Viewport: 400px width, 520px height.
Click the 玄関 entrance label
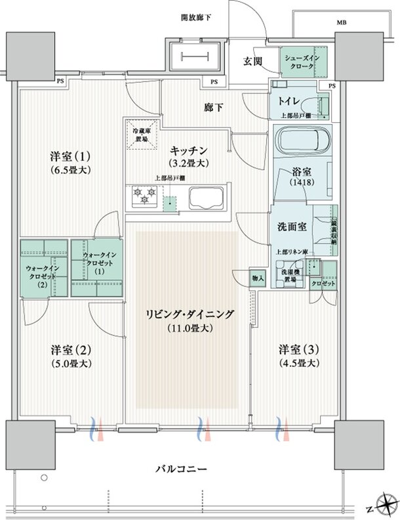(x=254, y=62)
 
